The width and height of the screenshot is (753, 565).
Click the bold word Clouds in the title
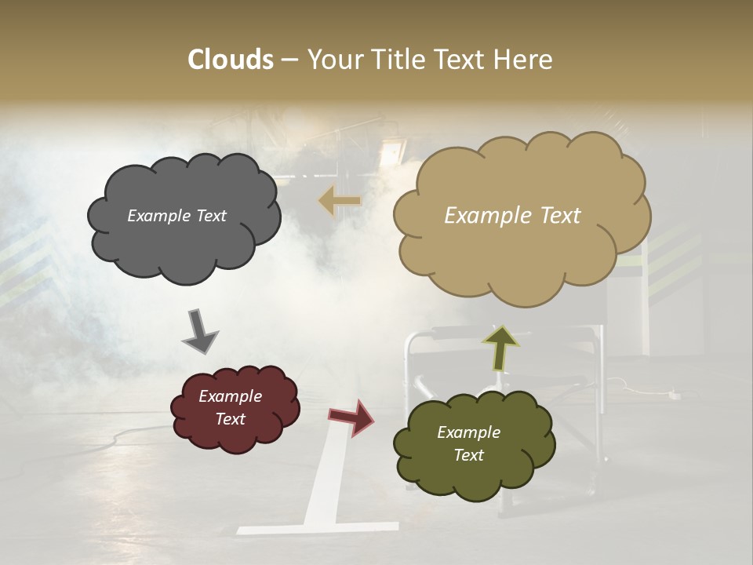click(231, 60)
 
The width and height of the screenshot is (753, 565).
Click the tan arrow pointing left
click(339, 201)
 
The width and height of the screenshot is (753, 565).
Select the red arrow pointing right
click(351, 417)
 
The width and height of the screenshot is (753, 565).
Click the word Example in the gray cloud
click(158, 216)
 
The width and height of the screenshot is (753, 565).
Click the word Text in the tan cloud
click(554, 216)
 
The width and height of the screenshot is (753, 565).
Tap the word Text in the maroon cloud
click(231, 419)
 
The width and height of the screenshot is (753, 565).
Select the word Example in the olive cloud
click(468, 432)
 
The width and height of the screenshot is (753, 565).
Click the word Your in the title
click(333, 60)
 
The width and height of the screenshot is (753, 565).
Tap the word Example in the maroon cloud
click(231, 396)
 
